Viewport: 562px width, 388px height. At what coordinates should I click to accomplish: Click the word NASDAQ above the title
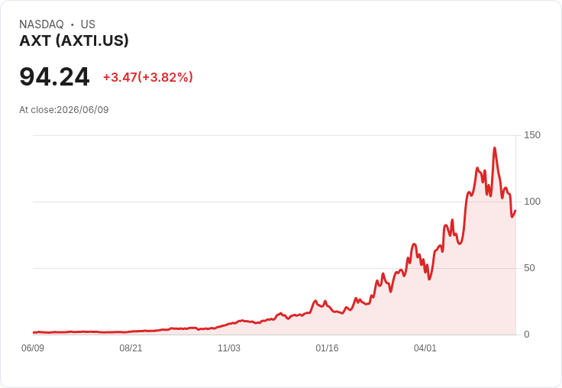[x=41, y=24]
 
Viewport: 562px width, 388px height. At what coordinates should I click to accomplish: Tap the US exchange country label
[x=88, y=24]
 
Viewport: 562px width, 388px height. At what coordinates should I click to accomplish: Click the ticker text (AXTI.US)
[x=92, y=41]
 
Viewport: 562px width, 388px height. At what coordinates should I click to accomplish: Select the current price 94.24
[x=54, y=76]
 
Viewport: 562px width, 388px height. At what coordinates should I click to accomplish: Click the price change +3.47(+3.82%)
[x=148, y=77]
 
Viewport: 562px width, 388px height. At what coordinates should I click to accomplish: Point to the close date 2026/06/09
[x=82, y=110]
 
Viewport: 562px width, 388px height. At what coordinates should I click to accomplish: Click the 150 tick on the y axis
[x=532, y=135]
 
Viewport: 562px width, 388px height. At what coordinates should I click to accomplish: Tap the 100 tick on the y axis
[x=532, y=202]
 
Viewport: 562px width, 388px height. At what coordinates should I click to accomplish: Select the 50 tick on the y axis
[x=529, y=268]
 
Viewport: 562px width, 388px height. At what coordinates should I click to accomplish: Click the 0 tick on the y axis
[x=527, y=335]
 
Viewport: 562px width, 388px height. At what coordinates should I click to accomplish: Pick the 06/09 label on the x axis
[x=33, y=348]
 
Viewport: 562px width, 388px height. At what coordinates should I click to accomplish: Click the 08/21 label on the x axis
[x=131, y=348]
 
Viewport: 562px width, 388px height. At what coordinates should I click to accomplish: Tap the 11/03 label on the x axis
[x=229, y=348]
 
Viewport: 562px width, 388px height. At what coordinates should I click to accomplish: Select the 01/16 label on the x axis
[x=327, y=348]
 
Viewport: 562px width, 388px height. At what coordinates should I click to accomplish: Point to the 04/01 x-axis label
[x=425, y=348]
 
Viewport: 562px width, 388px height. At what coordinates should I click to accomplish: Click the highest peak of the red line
[x=495, y=147]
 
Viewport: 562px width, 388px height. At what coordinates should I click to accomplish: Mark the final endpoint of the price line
[x=515, y=211]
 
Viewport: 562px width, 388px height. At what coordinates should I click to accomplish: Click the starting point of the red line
[x=34, y=332]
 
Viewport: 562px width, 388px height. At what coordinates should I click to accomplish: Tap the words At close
[x=37, y=110]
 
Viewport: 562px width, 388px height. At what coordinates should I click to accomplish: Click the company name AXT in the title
[x=35, y=41]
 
